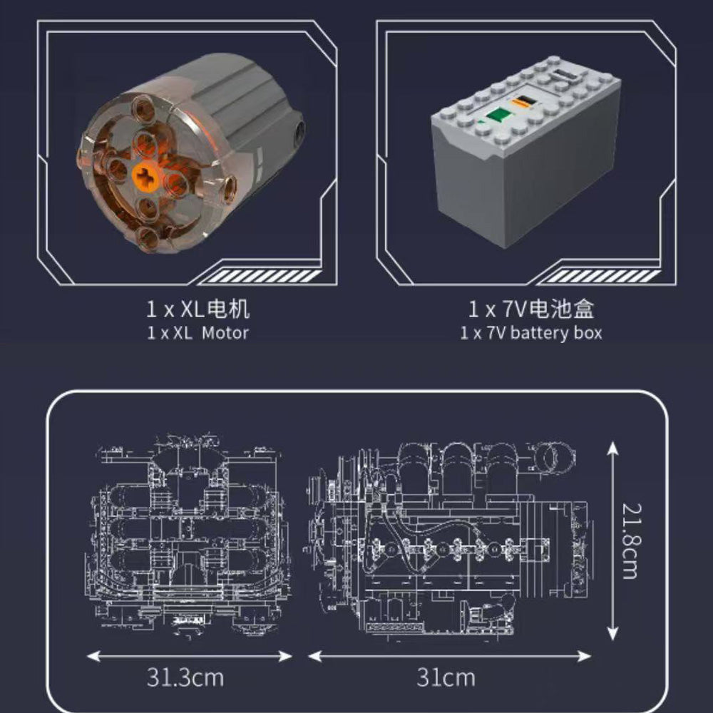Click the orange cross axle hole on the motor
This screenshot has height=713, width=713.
coord(145,176)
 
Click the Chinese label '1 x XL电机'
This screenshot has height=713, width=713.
coord(198,309)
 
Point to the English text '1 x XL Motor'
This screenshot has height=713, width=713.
coord(198,333)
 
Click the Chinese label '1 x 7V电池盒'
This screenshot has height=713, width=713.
coord(531,309)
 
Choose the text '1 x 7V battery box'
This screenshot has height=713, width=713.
coord(531,333)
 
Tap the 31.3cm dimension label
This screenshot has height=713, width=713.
coord(185,677)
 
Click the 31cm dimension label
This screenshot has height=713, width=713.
coord(446,677)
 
